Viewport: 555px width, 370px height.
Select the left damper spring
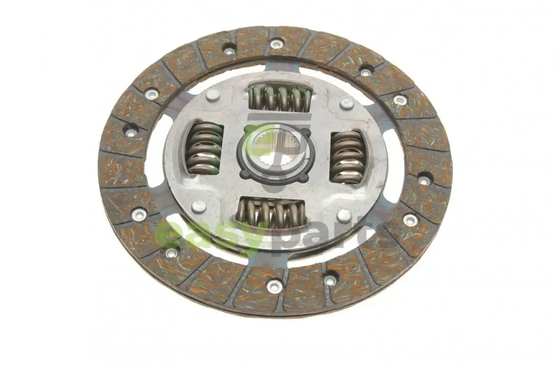[205, 148]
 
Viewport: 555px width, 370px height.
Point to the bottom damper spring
[272, 213]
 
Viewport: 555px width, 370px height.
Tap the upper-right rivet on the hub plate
[346, 103]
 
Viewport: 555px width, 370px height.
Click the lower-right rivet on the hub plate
[344, 215]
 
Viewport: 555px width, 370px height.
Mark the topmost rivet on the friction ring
[276, 44]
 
